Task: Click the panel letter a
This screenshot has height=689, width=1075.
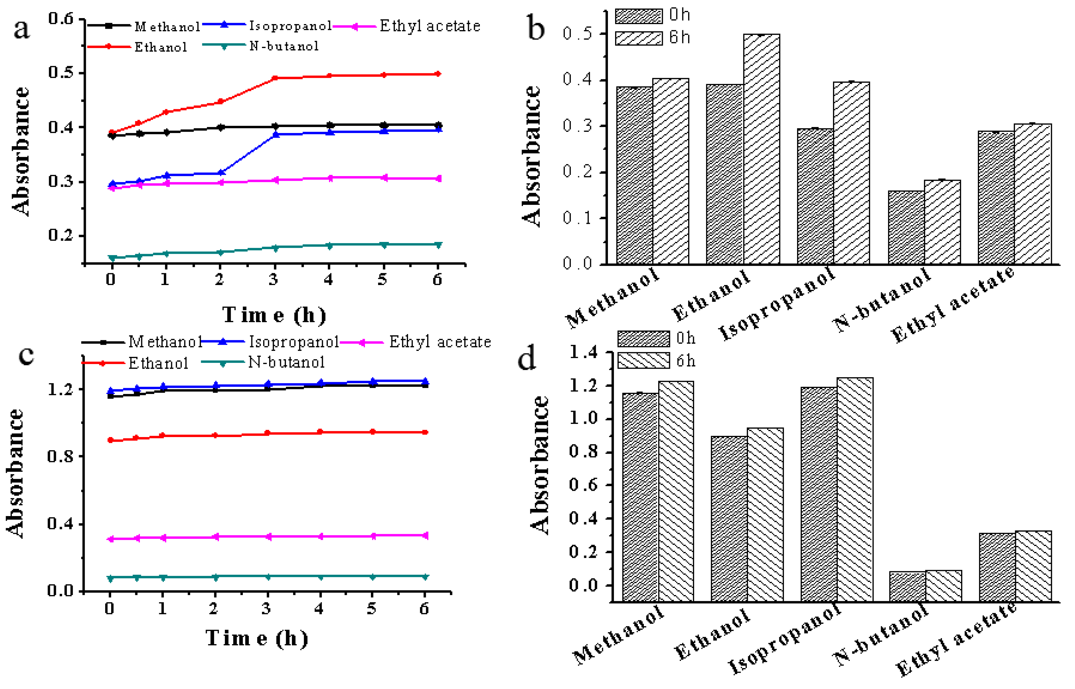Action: pyautogui.click(x=22, y=30)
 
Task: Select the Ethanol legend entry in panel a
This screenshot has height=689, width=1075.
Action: pyautogui.click(x=160, y=47)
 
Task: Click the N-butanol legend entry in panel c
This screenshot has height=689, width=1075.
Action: pyautogui.click(x=286, y=362)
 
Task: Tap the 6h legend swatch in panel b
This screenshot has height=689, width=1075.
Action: pyautogui.click(x=639, y=38)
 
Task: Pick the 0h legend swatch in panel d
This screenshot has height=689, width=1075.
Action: pyautogui.click(x=643, y=339)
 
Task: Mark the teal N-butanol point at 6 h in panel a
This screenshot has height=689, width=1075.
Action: pyautogui.click(x=438, y=245)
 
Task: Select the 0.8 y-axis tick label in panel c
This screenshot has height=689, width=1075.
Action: pyautogui.click(x=60, y=456)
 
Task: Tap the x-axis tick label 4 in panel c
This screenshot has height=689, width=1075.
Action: pyautogui.click(x=319, y=608)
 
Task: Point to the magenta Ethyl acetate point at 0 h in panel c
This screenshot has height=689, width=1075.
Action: pyautogui.click(x=111, y=539)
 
